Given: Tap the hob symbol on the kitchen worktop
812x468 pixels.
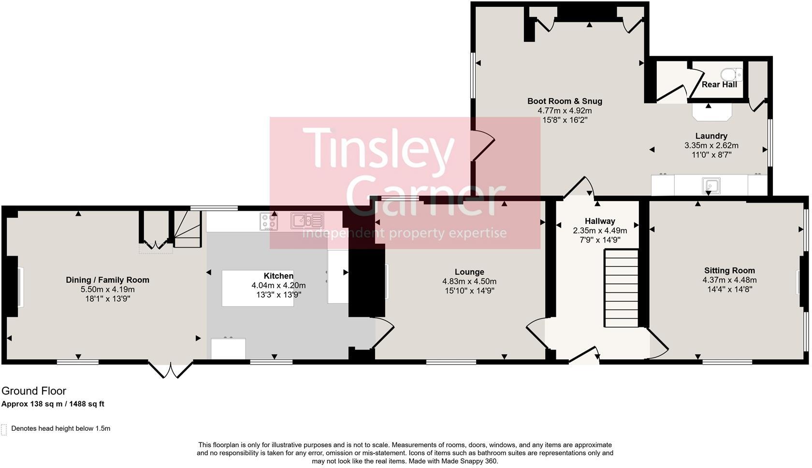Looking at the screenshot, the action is (x=269, y=221).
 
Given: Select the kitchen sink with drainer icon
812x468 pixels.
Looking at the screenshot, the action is (x=307, y=221).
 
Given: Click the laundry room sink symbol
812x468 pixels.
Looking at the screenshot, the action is (x=711, y=186).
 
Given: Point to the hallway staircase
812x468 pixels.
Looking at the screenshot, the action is (x=621, y=288).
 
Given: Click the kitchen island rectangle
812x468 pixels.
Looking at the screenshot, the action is (x=258, y=288).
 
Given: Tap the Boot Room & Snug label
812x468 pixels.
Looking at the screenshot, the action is (x=565, y=101).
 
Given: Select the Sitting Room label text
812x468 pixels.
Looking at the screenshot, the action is (x=729, y=270).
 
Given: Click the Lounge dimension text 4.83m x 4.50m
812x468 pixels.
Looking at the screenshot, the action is (x=469, y=281).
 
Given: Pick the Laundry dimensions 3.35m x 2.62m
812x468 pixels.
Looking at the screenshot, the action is (x=711, y=146).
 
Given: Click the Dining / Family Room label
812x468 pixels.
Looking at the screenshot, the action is (x=108, y=280).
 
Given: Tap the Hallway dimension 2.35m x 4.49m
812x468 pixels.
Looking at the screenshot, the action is (x=600, y=231).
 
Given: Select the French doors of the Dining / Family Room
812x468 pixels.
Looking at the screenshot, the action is (x=170, y=369).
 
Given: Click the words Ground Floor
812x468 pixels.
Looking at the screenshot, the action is (x=34, y=391).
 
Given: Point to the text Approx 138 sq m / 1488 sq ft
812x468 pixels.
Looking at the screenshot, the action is (x=53, y=404).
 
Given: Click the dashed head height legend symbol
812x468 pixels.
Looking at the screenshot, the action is (x=4, y=430).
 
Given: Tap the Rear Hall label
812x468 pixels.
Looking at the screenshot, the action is (x=719, y=85).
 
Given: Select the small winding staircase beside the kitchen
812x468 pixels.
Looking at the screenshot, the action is (x=188, y=229).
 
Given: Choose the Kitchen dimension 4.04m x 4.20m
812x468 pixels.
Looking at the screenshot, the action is (x=278, y=285).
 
